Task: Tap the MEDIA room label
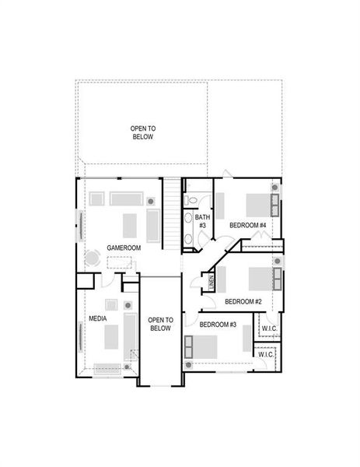point(97,318)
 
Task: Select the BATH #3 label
point(201,221)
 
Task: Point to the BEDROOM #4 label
point(248,226)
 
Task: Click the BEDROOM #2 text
point(243,301)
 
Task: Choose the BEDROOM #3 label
point(218,324)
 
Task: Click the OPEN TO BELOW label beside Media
point(159,324)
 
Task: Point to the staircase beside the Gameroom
point(171,214)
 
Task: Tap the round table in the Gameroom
point(93,258)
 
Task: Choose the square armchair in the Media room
point(111,304)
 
